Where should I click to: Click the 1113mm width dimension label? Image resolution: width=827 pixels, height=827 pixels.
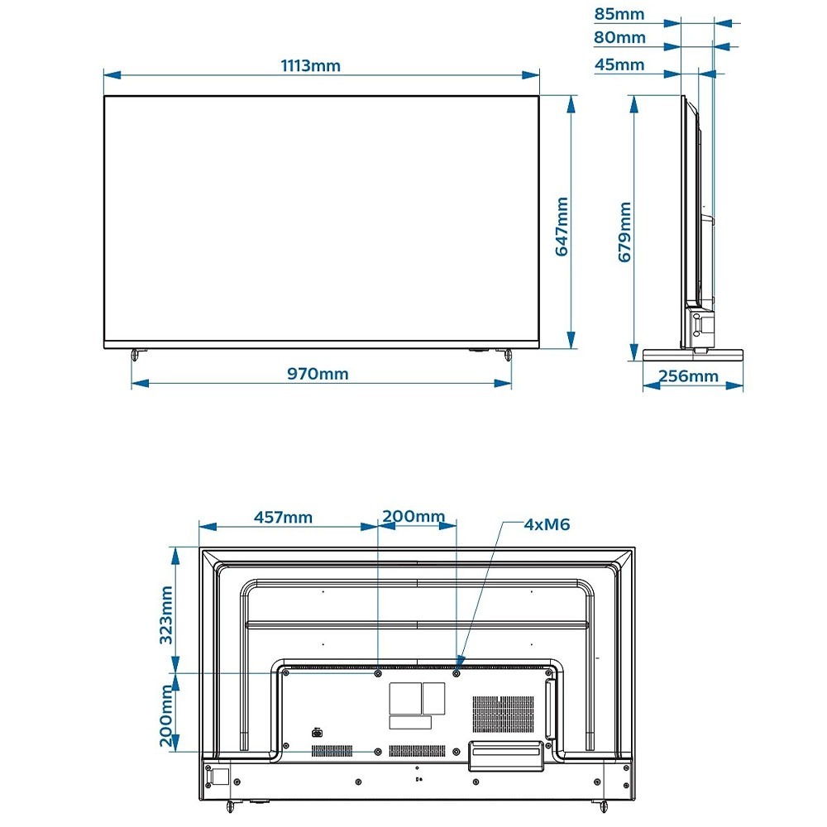click(x=311, y=66)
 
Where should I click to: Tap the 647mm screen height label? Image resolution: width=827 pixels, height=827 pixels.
click(x=562, y=227)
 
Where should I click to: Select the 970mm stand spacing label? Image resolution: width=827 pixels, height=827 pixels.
click(x=318, y=374)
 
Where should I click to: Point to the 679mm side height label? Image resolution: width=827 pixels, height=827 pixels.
click(x=624, y=232)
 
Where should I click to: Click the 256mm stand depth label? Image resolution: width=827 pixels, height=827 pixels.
click(x=688, y=376)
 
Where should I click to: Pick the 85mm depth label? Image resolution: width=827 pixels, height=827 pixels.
click(x=619, y=14)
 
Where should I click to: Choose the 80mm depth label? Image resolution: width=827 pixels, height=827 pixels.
click(x=619, y=37)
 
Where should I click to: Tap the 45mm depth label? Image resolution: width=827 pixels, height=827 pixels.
click(x=619, y=65)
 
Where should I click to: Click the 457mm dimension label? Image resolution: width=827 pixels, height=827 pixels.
click(x=283, y=518)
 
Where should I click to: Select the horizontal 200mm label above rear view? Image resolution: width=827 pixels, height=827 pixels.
click(x=413, y=516)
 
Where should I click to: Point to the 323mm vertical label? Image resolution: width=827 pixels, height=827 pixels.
click(x=166, y=615)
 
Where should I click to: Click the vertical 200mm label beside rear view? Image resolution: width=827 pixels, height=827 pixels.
click(x=166, y=715)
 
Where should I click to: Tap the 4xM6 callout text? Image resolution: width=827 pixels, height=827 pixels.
click(x=547, y=525)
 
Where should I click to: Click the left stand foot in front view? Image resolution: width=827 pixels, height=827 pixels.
click(x=136, y=354)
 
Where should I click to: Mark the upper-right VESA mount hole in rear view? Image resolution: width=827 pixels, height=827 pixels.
click(x=457, y=673)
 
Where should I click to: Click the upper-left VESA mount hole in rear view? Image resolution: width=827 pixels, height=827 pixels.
click(x=378, y=673)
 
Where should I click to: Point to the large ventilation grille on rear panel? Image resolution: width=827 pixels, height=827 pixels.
click(x=503, y=715)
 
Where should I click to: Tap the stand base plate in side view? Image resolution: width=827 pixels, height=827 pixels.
click(x=693, y=355)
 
